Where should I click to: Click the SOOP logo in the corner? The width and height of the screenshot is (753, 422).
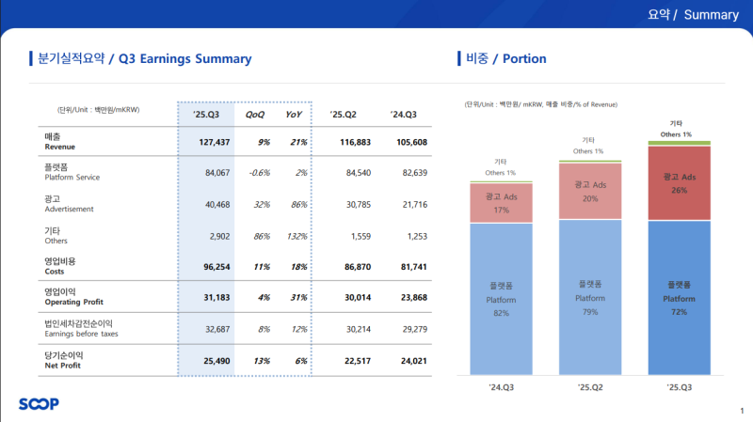[x=39, y=404]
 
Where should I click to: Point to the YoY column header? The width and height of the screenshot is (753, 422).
[x=294, y=115]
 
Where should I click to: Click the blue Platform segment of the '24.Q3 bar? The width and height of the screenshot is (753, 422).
[x=502, y=299]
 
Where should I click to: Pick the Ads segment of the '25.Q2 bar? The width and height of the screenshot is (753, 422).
[x=590, y=191]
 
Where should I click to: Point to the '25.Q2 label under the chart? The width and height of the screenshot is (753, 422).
[x=590, y=387]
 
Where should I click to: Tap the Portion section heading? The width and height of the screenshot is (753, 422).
[x=506, y=59]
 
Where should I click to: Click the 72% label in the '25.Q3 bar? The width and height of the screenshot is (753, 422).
[x=680, y=310]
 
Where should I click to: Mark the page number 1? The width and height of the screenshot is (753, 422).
[x=741, y=411]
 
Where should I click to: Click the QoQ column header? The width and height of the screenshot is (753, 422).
[x=254, y=115]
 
